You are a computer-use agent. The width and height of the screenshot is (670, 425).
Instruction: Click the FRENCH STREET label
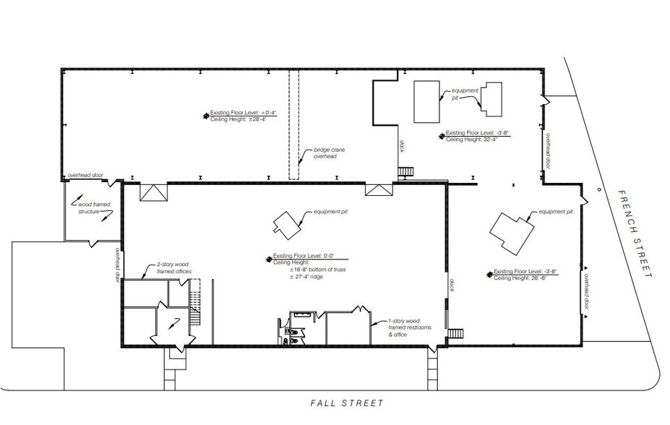tap(635, 234)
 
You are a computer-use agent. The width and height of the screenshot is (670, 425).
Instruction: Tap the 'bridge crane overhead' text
tap(325, 153)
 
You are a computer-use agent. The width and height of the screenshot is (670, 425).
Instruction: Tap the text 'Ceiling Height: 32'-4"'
tap(474, 139)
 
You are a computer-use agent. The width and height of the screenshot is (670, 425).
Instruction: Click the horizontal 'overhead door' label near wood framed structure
tap(85, 176)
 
